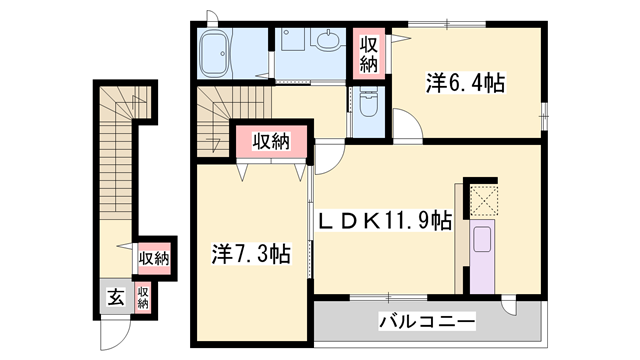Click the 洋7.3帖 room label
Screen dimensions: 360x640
pyautogui.click(x=250, y=254)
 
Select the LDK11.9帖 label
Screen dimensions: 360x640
pyautogui.click(x=384, y=220)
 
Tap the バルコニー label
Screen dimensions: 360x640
pyautogui.click(x=427, y=321)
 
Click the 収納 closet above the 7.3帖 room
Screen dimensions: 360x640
pyautogui.click(x=270, y=142)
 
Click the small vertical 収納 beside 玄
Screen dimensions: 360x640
pyautogui.click(x=143, y=296)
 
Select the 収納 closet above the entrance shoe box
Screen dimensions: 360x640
pyautogui.click(x=154, y=258)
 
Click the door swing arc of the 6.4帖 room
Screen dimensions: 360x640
pyautogui.click(x=408, y=125)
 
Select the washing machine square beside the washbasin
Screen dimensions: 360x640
pyautogui.click(x=293, y=44)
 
